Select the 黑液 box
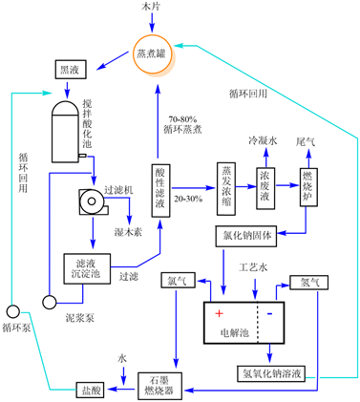71,69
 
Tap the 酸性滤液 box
160,191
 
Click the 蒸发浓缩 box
226,189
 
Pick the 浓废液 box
265,188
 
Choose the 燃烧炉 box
308,187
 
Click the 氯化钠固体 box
246,236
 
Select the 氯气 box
179,280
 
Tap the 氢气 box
308,283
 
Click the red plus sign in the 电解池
219,313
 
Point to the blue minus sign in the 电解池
269,314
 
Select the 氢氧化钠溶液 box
271,373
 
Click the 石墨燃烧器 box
159,386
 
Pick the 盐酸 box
90,390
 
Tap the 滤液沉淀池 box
87,268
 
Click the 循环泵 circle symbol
13,311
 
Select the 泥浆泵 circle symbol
50,302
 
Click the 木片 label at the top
150,7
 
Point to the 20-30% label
188,200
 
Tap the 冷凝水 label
263,140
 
